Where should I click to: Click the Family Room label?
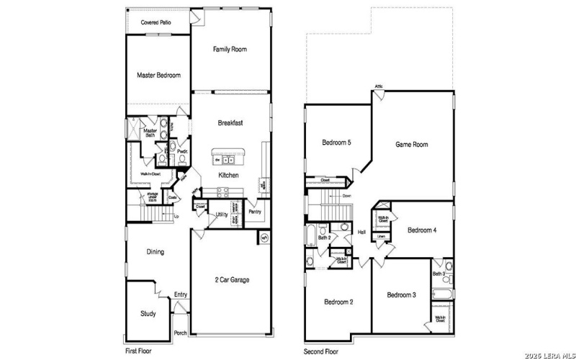click(x=230, y=50)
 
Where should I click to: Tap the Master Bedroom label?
click(x=158, y=75)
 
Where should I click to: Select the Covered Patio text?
click(x=156, y=23)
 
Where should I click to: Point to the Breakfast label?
click(x=230, y=123)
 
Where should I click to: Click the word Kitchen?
click(x=229, y=176)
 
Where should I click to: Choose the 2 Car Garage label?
click(x=231, y=279)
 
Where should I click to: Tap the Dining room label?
click(x=155, y=252)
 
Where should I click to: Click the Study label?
click(x=148, y=313)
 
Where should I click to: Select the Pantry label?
click(x=254, y=212)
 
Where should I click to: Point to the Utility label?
click(x=222, y=215)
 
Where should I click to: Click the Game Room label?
click(x=412, y=145)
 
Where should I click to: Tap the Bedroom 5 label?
click(x=336, y=143)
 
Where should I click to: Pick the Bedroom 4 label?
click(x=423, y=230)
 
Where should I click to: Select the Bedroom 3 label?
click(x=401, y=295)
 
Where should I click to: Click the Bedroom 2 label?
click(x=338, y=302)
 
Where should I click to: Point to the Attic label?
click(x=379, y=87)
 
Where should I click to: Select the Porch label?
click(x=181, y=332)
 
